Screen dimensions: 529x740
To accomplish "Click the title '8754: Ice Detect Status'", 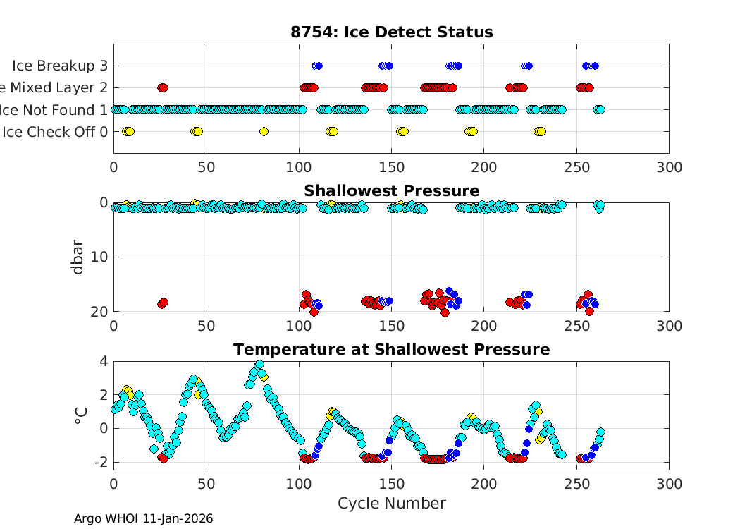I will click(391, 32).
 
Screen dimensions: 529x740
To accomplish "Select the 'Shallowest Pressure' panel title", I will click(391, 191).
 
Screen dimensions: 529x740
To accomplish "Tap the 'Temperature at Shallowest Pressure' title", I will click(391, 350).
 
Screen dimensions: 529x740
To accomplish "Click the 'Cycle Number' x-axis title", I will click(391, 504).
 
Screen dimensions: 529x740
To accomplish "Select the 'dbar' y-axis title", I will click(79, 257).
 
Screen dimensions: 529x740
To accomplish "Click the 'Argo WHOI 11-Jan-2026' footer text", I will click(144, 518).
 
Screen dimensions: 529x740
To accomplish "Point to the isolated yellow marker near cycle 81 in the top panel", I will click(264, 131).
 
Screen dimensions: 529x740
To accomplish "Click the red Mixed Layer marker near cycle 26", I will click(163, 87).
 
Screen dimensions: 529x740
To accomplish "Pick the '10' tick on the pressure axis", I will click(100, 257).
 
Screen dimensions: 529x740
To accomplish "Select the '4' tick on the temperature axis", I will click(104, 361).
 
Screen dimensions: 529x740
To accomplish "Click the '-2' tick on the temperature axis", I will click(101, 462).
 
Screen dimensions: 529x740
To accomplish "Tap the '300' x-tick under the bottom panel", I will click(669, 484).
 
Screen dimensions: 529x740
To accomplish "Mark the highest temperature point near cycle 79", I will click(259, 365).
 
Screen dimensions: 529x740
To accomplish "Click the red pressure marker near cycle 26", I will click(163, 303).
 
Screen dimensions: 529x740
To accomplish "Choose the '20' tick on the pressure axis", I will click(100, 311).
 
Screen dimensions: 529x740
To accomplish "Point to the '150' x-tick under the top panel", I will click(391, 167).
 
